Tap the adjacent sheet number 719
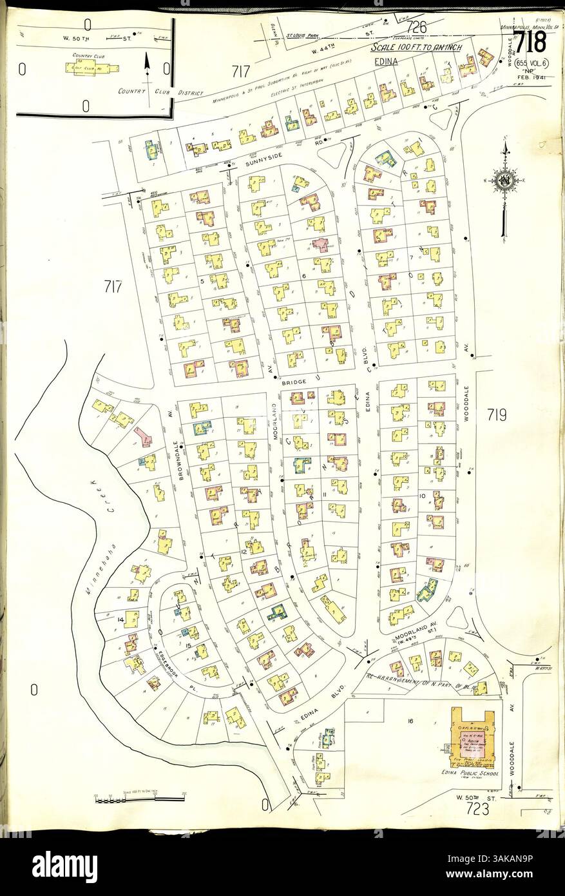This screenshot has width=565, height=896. (x=497, y=414)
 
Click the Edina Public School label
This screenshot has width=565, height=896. (x=464, y=772)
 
